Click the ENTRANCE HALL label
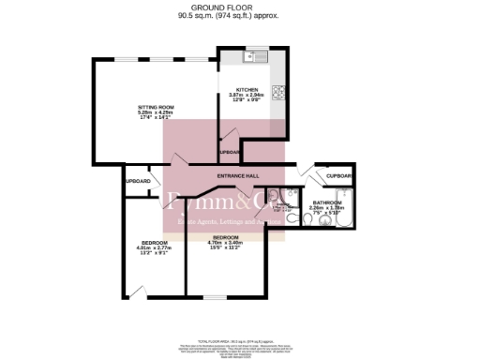pos(238,175)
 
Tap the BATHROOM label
pos(328,202)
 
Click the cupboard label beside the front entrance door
pos(338,175)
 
